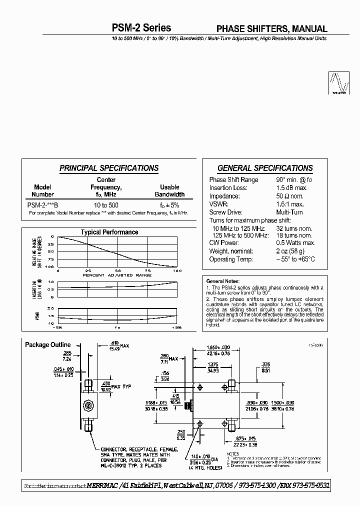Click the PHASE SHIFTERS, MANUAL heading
click(x=271, y=29)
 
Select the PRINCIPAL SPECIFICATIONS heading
click(x=109, y=168)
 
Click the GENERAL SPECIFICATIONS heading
click(x=265, y=168)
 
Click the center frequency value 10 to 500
click(x=106, y=205)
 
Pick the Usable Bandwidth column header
click(x=169, y=190)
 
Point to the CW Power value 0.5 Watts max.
click(x=295, y=243)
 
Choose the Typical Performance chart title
click(x=109, y=232)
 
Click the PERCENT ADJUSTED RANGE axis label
click(x=117, y=275)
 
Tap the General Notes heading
click(x=223, y=281)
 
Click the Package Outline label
click(x=48, y=345)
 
